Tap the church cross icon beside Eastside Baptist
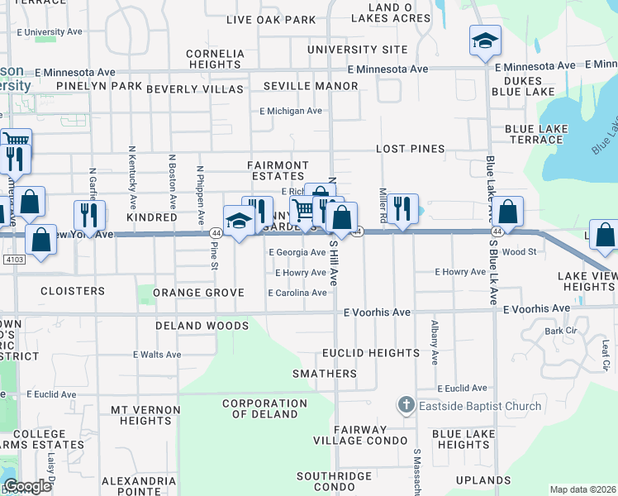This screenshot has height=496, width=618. (405, 405)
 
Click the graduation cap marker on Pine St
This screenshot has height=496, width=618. (239, 221)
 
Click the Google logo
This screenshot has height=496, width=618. (27, 486)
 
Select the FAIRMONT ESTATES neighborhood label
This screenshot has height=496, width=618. (278, 171)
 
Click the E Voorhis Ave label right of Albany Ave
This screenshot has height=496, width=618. (538, 308)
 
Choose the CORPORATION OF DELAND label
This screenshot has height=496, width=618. (259, 408)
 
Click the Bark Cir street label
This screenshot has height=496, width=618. (559, 331)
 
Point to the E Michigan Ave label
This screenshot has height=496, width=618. (290, 111)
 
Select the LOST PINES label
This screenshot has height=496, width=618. (411, 149)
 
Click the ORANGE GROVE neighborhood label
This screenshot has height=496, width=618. (198, 293)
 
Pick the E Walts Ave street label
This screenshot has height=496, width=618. (157, 355)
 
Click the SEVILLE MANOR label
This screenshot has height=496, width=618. (311, 86)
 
